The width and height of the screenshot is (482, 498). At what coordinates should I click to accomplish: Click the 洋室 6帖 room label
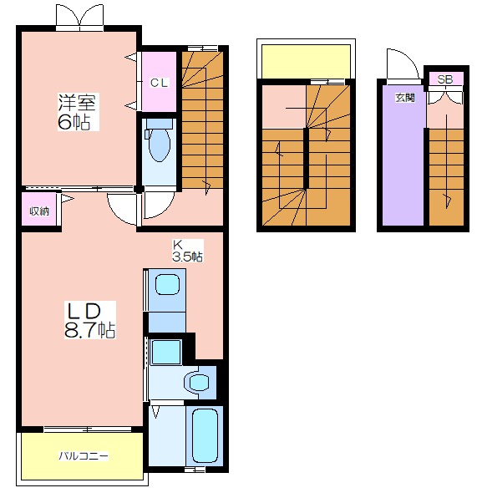[78, 111]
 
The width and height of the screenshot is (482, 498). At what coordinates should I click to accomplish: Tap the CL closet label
[159, 83]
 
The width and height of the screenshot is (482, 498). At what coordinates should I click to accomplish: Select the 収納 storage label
[39, 211]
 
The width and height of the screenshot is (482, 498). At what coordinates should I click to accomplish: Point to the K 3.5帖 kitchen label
[187, 251]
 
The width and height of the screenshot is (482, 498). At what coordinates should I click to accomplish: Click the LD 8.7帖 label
[90, 320]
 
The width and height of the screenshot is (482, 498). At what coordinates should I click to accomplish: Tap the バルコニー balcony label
[84, 456]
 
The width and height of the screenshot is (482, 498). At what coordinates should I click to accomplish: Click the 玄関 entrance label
[405, 97]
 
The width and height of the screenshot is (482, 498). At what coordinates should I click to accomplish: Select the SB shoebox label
[445, 79]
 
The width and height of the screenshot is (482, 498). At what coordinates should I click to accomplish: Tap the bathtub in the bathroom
[205, 434]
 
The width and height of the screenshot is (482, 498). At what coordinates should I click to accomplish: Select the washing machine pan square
[166, 352]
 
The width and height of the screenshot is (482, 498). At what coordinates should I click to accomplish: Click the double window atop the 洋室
[79, 18]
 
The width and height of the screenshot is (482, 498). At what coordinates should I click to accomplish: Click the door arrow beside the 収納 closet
[68, 199]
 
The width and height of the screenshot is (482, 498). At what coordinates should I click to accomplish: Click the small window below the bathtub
[195, 470]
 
